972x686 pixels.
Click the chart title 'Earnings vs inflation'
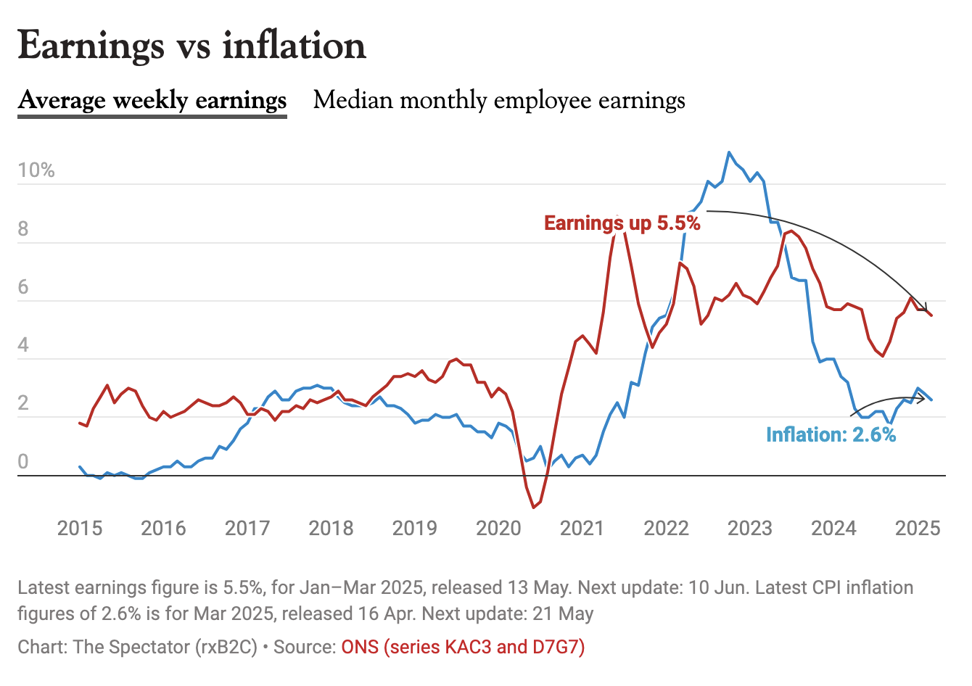coord(191,46)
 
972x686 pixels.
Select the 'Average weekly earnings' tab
coord(152,100)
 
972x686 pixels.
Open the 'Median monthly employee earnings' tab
coord(499,100)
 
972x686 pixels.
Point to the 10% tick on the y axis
coord(36,170)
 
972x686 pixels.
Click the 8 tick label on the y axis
coord(23,229)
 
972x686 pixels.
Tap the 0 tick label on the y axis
coord(23,462)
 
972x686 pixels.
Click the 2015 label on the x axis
coord(80,528)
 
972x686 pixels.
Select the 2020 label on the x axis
coord(498,528)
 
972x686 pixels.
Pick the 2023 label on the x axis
coord(750,528)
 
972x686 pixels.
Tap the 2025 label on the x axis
coord(918,528)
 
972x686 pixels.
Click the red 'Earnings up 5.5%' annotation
coord(622,223)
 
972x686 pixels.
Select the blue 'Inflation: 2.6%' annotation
coord(831,434)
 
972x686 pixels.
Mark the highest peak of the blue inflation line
coord(729,152)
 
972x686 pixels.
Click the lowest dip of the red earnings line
coord(533,507)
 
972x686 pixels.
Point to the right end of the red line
coord(931,315)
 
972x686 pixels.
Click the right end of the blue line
coord(931,400)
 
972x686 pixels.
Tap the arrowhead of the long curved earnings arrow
coord(926,310)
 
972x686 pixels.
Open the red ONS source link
coord(463,647)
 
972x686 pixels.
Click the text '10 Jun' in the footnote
coord(717,587)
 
